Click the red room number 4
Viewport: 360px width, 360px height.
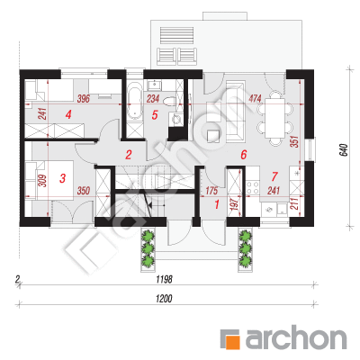(68, 114)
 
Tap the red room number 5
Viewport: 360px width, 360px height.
(155, 115)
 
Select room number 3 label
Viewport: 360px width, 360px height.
(62, 178)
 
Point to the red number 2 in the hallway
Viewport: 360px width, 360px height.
(129, 155)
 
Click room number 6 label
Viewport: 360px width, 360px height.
(244, 155)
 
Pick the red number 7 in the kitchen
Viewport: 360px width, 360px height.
(274, 176)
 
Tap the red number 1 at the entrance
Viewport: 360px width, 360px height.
(217, 204)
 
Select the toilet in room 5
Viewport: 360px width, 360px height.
(169, 101)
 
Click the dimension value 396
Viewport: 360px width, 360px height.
(83, 99)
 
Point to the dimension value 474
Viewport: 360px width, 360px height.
(255, 98)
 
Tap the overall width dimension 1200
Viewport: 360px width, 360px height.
(164, 299)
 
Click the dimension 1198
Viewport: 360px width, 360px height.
(164, 280)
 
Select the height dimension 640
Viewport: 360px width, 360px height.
(344, 150)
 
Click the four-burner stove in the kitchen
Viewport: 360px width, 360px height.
(252, 187)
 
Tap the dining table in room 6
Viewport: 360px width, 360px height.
(274, 118)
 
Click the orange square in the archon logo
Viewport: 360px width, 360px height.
(233, 341)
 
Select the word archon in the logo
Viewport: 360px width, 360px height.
(296, 338)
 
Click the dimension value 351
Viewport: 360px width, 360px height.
(295, 141)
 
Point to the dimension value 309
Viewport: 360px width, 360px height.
(43, 181)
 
